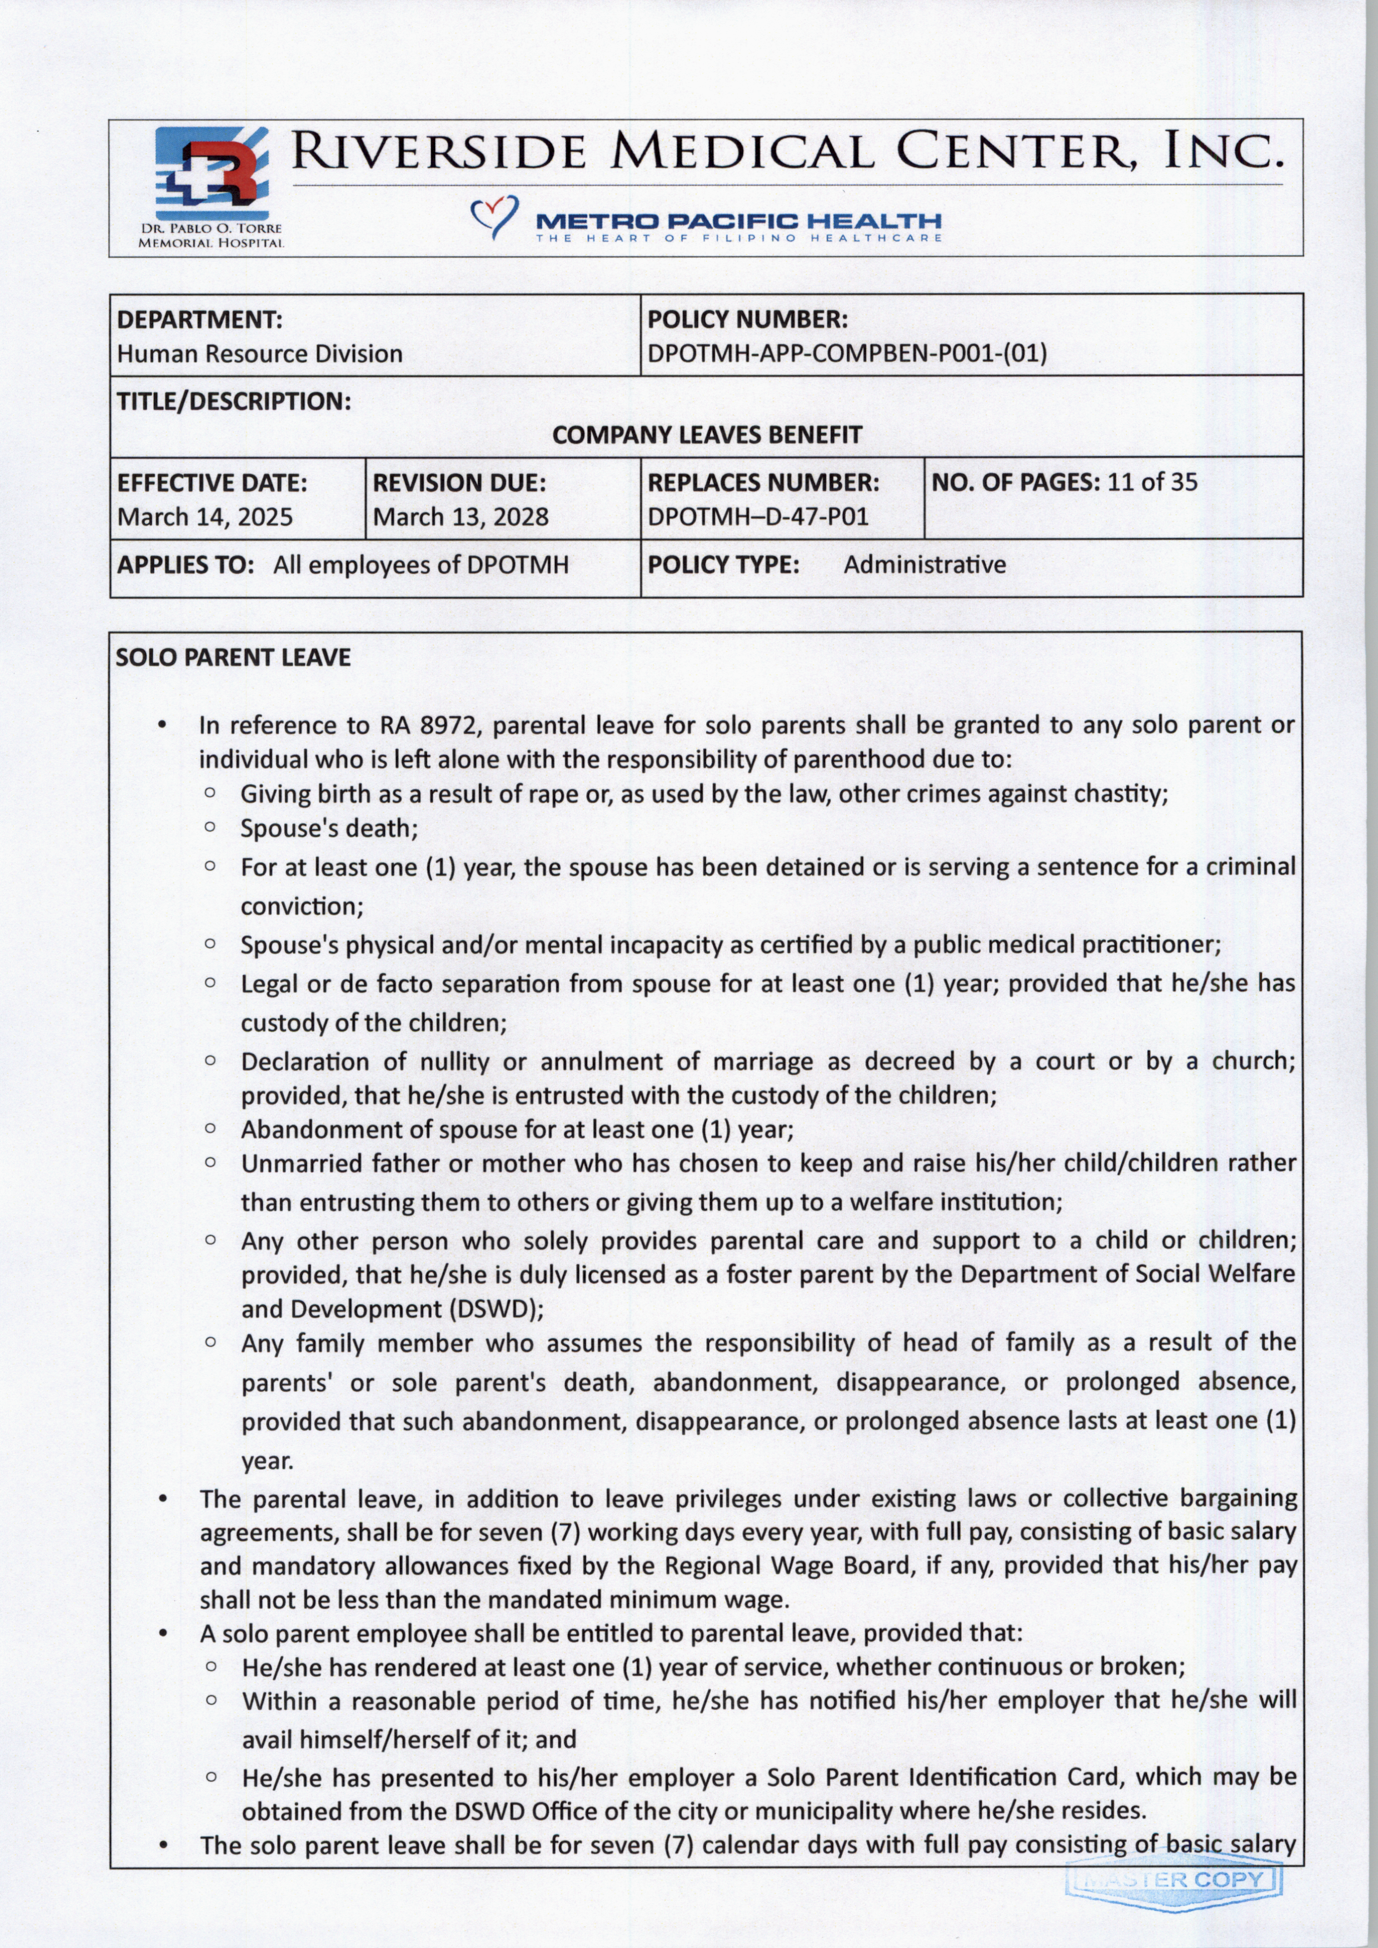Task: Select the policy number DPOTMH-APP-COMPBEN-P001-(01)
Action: coord(847,353)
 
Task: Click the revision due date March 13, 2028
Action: coord(461,517)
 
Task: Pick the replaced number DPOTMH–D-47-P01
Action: coord(758,517)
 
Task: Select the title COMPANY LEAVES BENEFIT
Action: coord(707,435)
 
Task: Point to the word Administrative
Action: coord(924,564)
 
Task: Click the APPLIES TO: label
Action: coord(186,564)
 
